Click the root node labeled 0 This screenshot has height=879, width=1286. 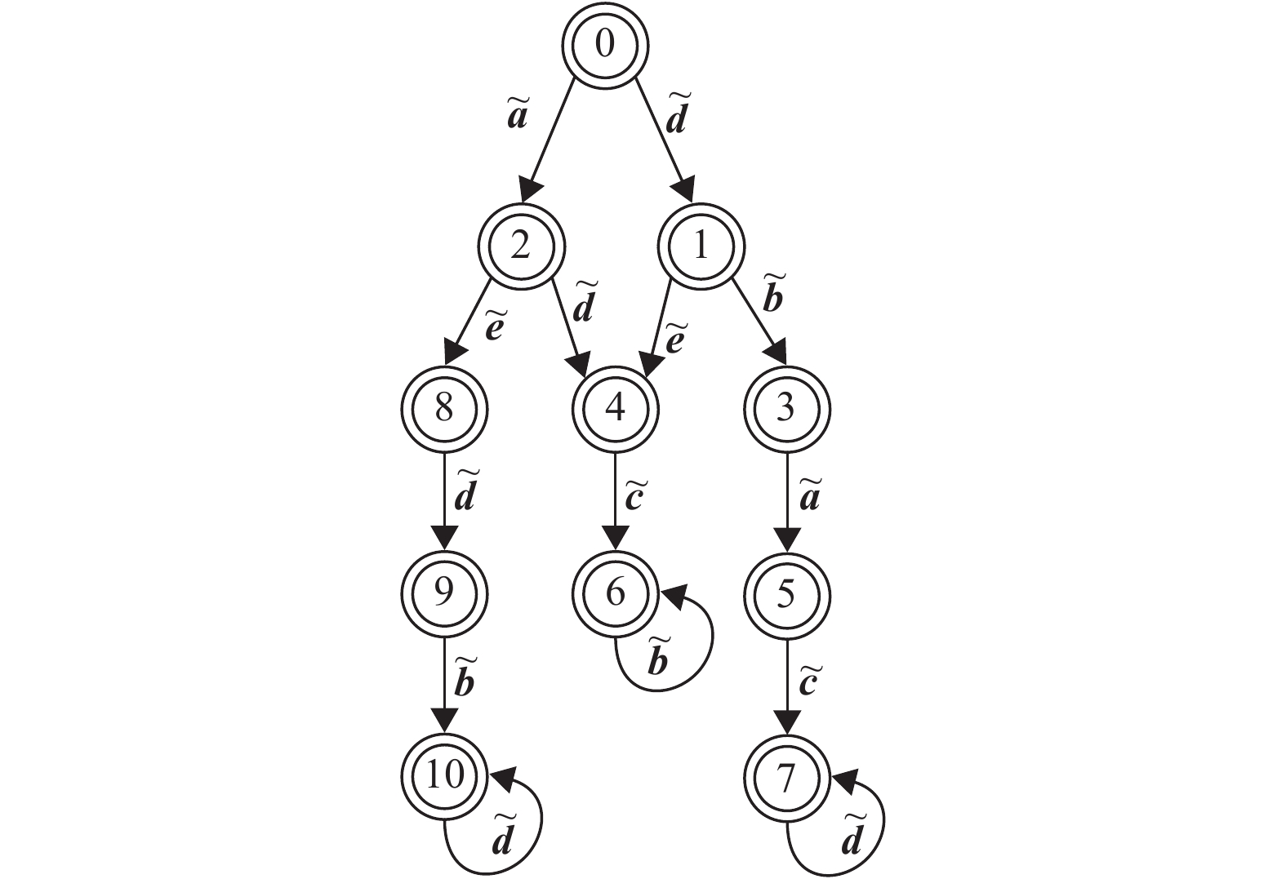coord(605,45)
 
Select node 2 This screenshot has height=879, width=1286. coord(521,246)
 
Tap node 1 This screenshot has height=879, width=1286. coord(701,246)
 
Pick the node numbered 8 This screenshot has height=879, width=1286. coord(444,407)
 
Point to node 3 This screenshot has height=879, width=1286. coord(786,407)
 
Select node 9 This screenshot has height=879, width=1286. coord(444,593)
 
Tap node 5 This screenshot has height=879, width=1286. coord(786,593)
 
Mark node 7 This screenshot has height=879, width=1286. coord(786,777)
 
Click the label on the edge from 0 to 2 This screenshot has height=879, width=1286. coord(518,115)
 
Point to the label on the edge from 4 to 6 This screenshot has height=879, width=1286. coord(634,497)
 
